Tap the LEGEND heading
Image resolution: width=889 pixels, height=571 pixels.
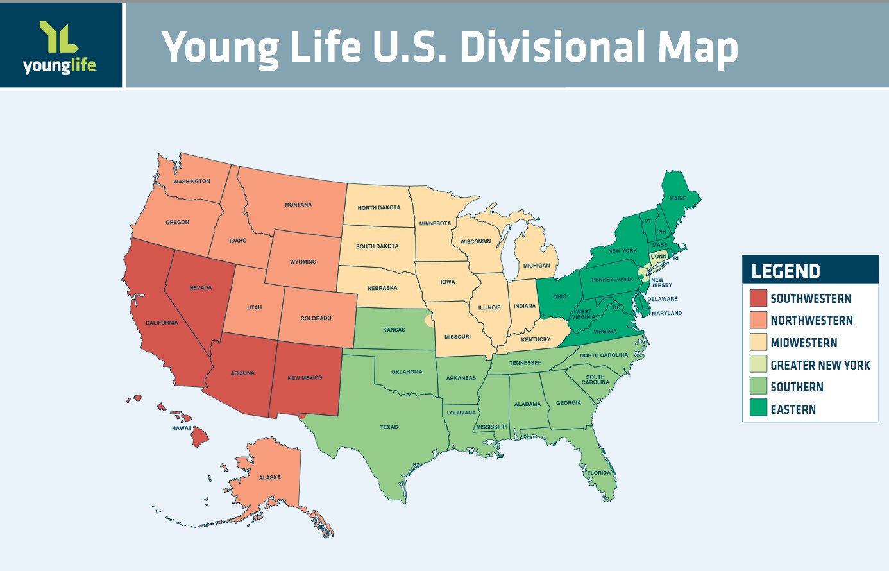[x=786, y=271]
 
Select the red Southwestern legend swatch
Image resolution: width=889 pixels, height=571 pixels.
[x=758, y=298]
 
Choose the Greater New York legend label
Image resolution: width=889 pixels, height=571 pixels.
[x=820, y=365]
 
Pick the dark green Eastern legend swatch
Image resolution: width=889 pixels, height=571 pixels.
[x=758, y=409]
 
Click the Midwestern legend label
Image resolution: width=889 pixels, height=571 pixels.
[x=804, y=343]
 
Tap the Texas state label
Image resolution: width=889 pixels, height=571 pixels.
[x=389, y=427]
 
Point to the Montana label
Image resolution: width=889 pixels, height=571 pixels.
[x=298, y=205]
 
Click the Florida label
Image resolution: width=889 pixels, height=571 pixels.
[x=599, y=473]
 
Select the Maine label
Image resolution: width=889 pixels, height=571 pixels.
[x=678, y=198]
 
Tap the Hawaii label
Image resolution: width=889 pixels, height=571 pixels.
[x=182, y=428]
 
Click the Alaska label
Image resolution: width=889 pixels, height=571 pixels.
[x=270, y=477]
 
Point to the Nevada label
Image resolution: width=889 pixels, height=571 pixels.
[x=200, y=287]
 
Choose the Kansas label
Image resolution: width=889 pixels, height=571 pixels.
[x=394, y=330]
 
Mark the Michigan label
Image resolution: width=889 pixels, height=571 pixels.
[x=536, y=265]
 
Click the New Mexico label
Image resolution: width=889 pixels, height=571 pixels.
[x=305, y=378]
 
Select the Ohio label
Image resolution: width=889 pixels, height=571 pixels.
[x=559, y=296]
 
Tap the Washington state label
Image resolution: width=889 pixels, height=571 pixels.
[x=191, y=182]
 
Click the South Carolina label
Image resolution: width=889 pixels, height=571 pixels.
[x=595, y=380]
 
